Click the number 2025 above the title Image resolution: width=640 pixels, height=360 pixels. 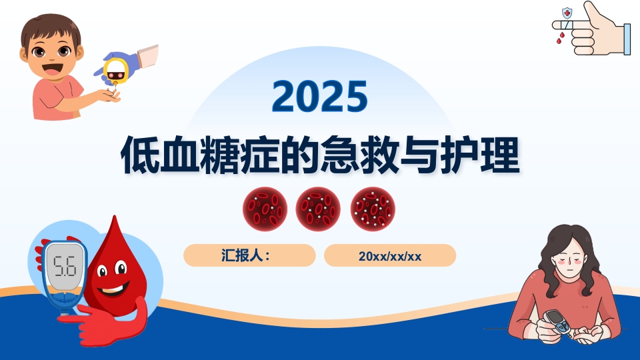coord(319,96)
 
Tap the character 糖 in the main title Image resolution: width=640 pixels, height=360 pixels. coord(220,155)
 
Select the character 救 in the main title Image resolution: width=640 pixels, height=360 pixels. coord(379,155)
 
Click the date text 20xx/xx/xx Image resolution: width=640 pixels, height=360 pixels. coord(390,256)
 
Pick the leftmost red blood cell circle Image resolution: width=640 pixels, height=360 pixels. coord(265,209)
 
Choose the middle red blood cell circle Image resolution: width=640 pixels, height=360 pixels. coord(318,209)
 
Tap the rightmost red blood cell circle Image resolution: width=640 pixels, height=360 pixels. coord(373,209)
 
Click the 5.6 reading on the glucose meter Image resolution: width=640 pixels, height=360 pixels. coord(65,266)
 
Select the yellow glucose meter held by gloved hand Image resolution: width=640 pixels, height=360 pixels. coord(115,71)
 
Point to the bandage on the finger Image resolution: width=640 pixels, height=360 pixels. coord(567,25)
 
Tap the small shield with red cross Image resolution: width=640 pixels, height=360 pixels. coord(567,13)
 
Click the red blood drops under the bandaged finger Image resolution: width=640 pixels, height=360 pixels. coord(560,39)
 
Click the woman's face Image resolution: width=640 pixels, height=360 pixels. coord(571,258)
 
